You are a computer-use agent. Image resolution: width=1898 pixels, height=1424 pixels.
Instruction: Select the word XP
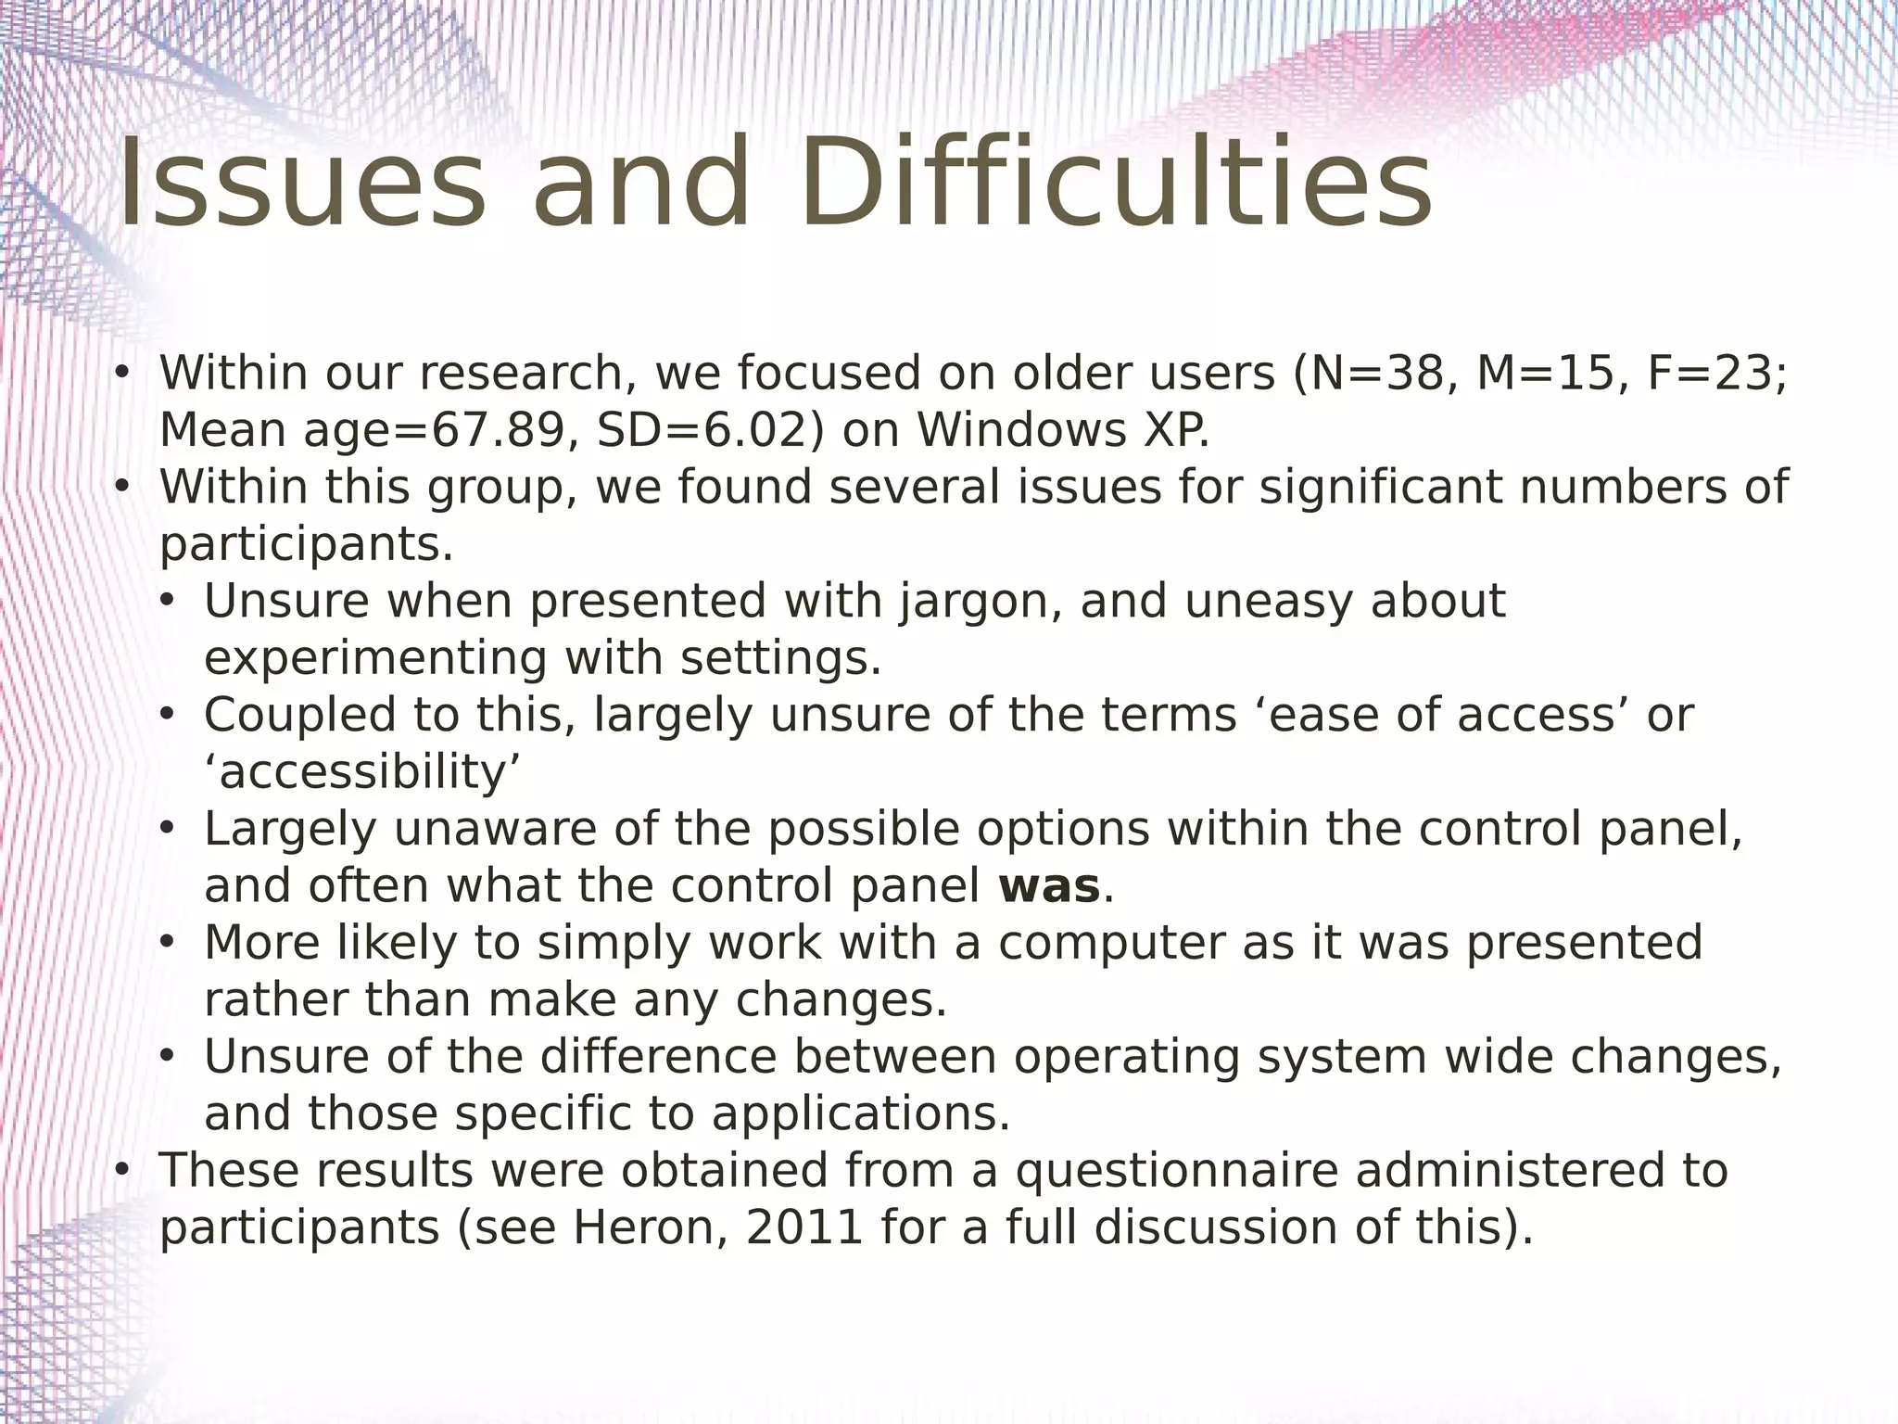pos(1175,431)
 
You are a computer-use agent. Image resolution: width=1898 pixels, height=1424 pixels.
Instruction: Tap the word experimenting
pos(376,659)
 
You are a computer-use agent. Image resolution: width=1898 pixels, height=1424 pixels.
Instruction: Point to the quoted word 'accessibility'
pos(362,773)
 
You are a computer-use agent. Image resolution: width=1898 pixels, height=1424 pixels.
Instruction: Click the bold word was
pos(1049,886)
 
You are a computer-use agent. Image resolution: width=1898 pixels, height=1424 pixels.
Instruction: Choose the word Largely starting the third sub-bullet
pos(290,830)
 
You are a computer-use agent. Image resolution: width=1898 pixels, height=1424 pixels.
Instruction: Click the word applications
pos(860,1114)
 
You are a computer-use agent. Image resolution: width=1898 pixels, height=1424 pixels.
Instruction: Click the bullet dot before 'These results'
pos(120,1171)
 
